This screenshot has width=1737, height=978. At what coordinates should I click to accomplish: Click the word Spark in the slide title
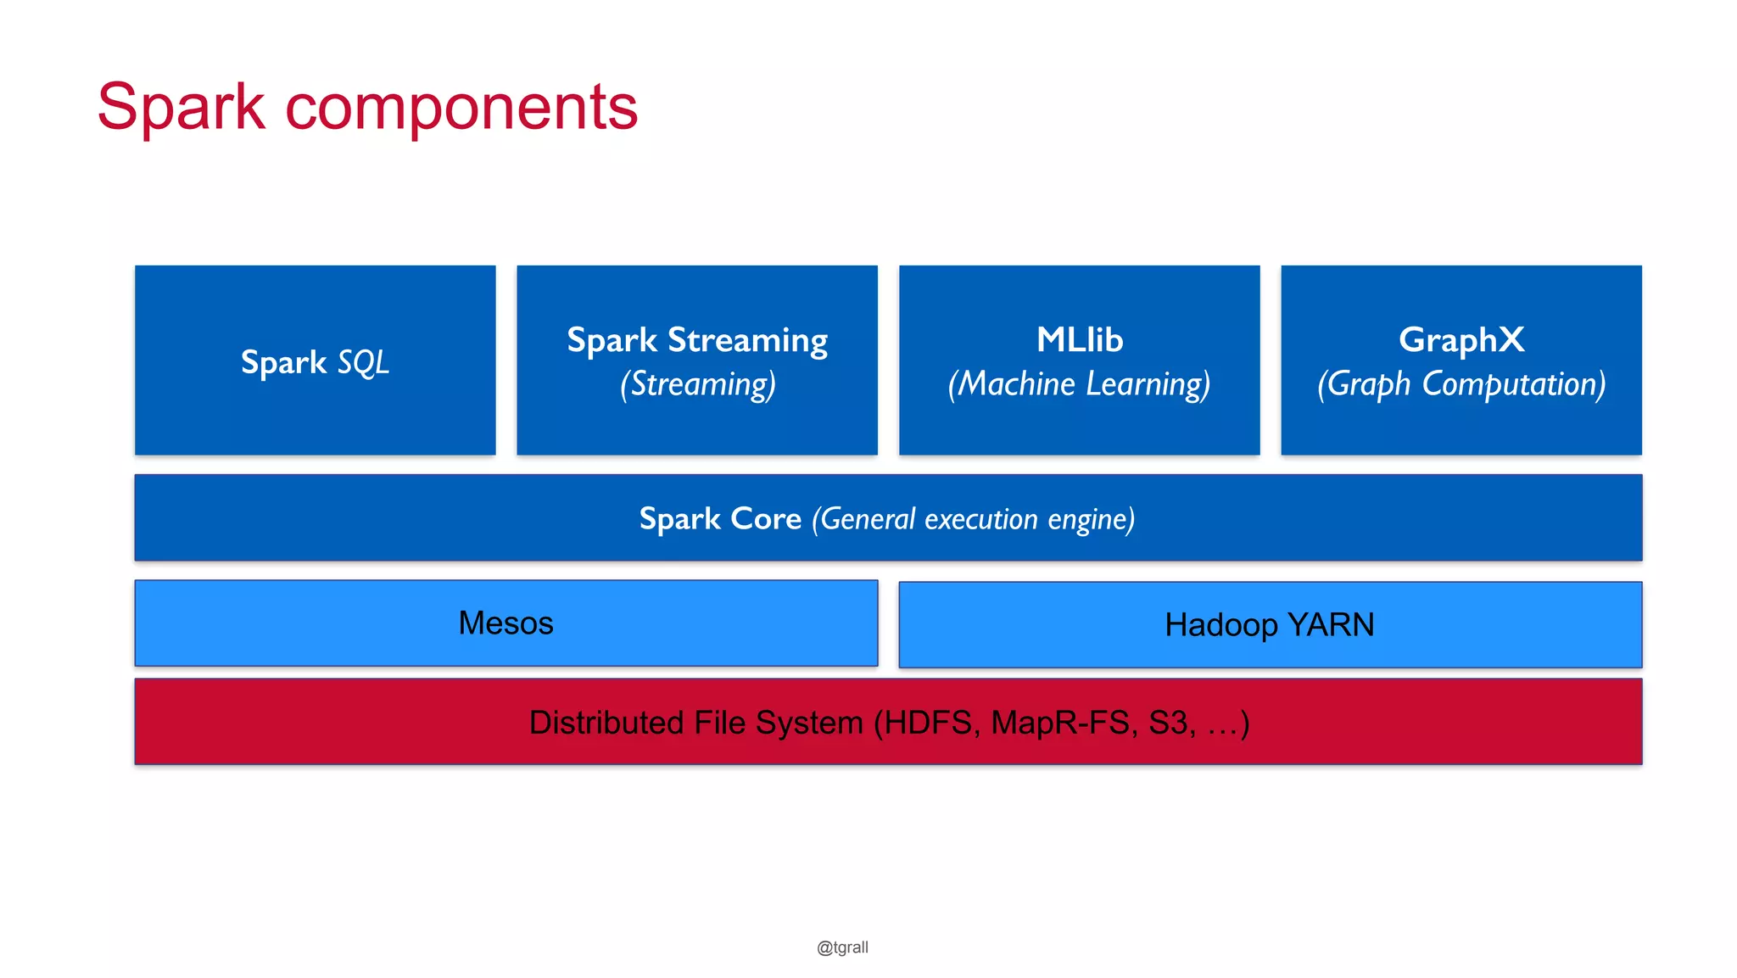click(181, 108)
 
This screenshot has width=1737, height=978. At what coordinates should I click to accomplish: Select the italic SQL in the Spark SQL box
click(363, 363)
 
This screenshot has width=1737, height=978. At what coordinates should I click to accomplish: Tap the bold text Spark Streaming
click(696, 340)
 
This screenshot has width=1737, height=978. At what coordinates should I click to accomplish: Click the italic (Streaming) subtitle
click(697, 384)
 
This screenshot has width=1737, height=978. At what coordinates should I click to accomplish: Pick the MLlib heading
click(1079, 339)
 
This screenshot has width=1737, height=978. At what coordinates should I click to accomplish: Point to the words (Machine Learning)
click(1079, 384)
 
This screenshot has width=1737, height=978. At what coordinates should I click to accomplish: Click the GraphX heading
click(1461, 339)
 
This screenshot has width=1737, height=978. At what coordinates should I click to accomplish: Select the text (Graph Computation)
click(1461, 384)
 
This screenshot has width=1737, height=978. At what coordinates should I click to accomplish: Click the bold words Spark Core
click(719, 518)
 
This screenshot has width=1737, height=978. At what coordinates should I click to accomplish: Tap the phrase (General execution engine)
click(973, 518)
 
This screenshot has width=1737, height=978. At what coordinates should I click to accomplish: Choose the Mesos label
click(505, 623)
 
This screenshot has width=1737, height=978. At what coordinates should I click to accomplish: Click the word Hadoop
click(1220, 625)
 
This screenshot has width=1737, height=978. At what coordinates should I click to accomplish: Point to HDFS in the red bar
click(927, 723)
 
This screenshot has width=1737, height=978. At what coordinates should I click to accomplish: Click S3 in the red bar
click(1169, 723)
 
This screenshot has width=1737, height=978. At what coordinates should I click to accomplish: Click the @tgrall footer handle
click(842, 947)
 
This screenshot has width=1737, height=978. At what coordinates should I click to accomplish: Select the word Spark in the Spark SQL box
click(283, 363)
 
